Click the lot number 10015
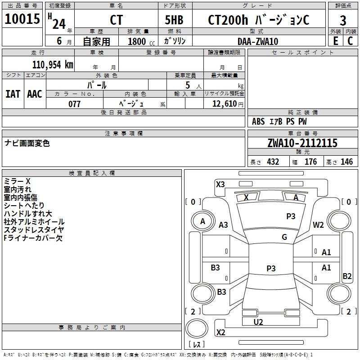(22, 18)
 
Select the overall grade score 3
(343, 21)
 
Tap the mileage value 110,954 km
(53, 65)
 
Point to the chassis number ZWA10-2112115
(302, 143)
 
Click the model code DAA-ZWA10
(258, 41)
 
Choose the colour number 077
(74, 104)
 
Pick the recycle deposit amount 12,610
(225, 104)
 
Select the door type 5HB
(174, 20)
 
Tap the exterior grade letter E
(336, 41)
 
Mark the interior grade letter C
(350, 41)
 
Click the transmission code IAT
(13, 94)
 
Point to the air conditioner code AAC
(35, 94)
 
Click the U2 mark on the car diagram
(258, 322)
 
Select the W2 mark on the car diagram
(318, 225)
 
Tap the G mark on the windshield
(284, 237)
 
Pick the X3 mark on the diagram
(220, 184)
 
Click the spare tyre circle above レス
(197, 328)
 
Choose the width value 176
(310, 162)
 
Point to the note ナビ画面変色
(27, 143)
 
